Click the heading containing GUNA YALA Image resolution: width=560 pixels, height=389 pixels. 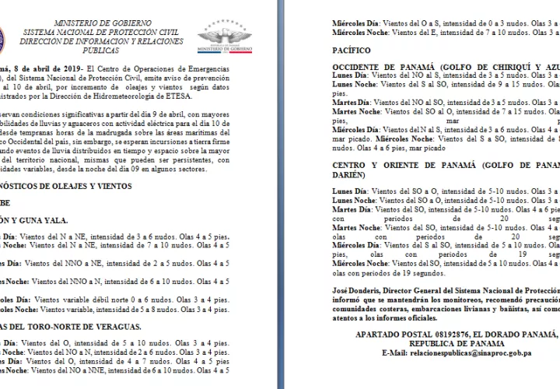tap(31, 219)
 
